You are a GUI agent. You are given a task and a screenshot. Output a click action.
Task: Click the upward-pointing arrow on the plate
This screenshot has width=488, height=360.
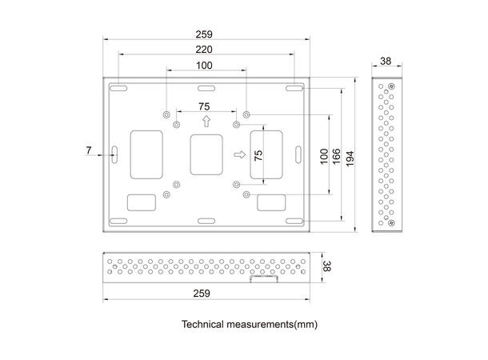coord(206,122)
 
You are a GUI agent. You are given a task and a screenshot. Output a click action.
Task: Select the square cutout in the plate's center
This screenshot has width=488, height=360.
coord(206,154)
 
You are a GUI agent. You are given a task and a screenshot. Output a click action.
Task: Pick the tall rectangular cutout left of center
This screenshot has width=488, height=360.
coord(145,153)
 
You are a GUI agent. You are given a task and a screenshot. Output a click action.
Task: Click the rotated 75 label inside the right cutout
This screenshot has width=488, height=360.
coord(258,154)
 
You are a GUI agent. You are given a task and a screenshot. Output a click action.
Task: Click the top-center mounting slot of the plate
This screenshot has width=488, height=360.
coord(206,86)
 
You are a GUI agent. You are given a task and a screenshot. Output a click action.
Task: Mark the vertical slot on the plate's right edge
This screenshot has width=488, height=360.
coord(298,153)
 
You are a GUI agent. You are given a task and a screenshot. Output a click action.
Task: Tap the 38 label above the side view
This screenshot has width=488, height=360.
coord(385,61)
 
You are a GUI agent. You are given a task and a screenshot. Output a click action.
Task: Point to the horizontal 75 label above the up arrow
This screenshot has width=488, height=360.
coord(205,106)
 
